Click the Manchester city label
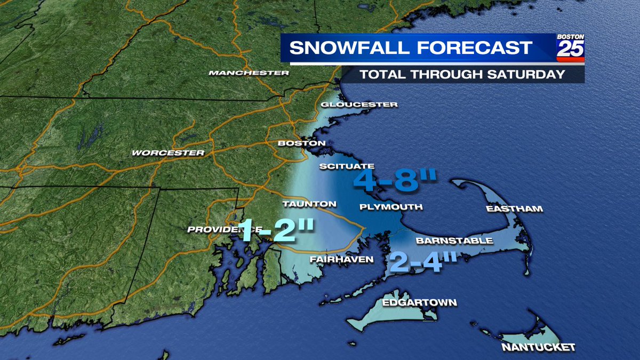[249, 73]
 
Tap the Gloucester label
[359, 105]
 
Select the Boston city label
[301, 143]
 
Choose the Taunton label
[309, 204]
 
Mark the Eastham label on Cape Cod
[514, 209]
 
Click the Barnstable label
[454, 241]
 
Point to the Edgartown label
[419, 303]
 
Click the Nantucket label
[538, 348]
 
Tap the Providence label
[211, 229]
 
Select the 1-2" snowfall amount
[275, 230]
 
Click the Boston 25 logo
[570, 47]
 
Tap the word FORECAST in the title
[475, 48]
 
